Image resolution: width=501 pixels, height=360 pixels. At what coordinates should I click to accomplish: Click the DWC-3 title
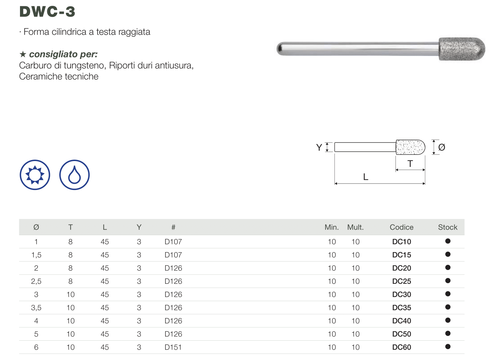[47, 11]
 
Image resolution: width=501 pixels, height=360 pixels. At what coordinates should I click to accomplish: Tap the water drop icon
[74, 175]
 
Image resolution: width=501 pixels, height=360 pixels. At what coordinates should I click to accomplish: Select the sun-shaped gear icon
[35, 175]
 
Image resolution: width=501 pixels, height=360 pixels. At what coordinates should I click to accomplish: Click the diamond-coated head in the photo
[462, 49]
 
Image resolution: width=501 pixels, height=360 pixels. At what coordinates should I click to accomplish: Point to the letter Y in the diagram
[319, 148]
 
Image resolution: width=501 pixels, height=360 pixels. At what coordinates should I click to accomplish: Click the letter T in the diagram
[410, 164]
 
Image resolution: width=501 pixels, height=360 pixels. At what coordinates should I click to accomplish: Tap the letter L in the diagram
[366, 177]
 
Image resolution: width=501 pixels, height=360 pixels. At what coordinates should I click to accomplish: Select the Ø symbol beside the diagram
[441, 147]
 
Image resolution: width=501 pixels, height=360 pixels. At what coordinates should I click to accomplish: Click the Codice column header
[401, 227]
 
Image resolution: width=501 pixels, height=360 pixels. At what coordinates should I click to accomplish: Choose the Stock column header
[448, 227]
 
